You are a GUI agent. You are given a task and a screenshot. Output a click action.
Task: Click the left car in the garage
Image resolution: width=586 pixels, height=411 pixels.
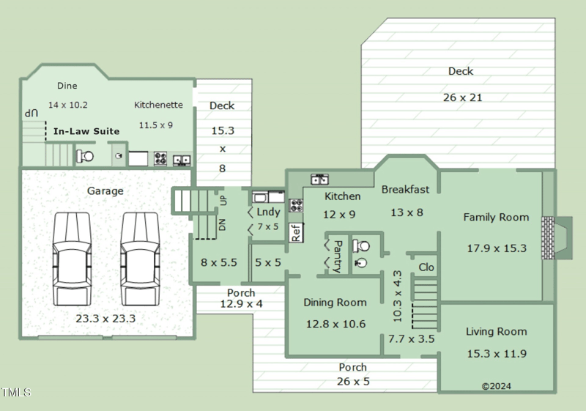72,259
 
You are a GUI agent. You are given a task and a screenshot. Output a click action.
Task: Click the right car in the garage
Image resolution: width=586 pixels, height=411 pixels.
140,259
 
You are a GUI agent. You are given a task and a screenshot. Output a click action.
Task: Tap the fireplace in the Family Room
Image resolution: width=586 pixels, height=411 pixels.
557,237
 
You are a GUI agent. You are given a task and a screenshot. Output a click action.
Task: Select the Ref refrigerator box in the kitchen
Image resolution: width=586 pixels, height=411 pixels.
296,232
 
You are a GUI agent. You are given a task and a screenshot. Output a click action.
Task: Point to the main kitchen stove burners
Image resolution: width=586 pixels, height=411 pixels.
296,205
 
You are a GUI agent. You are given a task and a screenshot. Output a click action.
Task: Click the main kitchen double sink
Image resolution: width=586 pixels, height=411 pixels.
320,179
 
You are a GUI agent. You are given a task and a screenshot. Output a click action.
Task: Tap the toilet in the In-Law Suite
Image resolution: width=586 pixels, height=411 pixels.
85,156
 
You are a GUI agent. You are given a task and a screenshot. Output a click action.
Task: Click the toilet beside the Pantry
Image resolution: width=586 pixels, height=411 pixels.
361,246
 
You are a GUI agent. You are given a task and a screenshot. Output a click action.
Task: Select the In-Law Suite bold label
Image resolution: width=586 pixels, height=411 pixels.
86,131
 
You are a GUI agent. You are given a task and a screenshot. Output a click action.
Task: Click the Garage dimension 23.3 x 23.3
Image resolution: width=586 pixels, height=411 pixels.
105,319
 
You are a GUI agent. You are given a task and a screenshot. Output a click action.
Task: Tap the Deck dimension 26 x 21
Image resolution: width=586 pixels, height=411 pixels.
463,97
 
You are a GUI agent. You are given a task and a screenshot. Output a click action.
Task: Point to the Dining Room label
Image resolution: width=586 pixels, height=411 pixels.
335,303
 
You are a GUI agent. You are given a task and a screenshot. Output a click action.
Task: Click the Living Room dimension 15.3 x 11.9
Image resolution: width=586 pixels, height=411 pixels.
497,353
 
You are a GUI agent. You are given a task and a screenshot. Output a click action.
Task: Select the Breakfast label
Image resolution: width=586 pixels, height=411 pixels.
406,190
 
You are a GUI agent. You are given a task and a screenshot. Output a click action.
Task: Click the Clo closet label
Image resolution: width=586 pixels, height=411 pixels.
426,267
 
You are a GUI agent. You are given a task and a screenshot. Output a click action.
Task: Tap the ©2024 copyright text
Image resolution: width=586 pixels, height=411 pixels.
497,386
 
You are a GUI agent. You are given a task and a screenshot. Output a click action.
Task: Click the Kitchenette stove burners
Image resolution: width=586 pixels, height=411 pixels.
160,158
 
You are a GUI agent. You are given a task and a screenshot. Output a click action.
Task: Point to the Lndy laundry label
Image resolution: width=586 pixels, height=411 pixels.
268,212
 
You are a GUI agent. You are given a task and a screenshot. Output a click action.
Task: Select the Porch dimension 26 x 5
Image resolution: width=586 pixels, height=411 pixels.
353,382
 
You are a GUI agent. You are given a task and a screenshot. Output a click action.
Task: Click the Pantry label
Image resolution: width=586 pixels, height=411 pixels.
337,256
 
